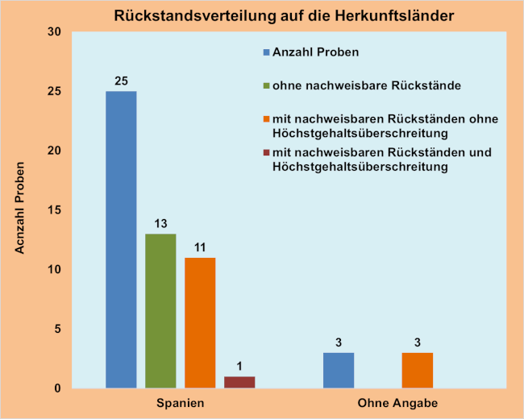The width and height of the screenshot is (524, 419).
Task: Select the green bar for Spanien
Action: (160, 311)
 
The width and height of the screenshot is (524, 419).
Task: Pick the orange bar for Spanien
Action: (200, 322)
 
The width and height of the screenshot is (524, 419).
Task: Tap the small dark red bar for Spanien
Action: (239, 382)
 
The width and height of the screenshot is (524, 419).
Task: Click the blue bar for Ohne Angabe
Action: (338, 370)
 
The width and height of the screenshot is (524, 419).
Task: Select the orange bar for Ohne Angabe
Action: (416, 370)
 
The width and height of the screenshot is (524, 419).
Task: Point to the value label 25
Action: (121, 81)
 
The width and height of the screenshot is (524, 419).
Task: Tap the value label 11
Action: (200, 247)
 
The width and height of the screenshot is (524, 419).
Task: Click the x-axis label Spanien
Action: (180, 402)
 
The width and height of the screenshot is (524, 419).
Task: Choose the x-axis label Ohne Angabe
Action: (395, 402)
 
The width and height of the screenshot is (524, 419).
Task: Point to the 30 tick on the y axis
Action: (55, 32)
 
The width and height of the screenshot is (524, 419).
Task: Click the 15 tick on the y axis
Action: (55, 210)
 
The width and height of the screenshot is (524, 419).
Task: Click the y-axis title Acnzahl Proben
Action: (21, 210)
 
